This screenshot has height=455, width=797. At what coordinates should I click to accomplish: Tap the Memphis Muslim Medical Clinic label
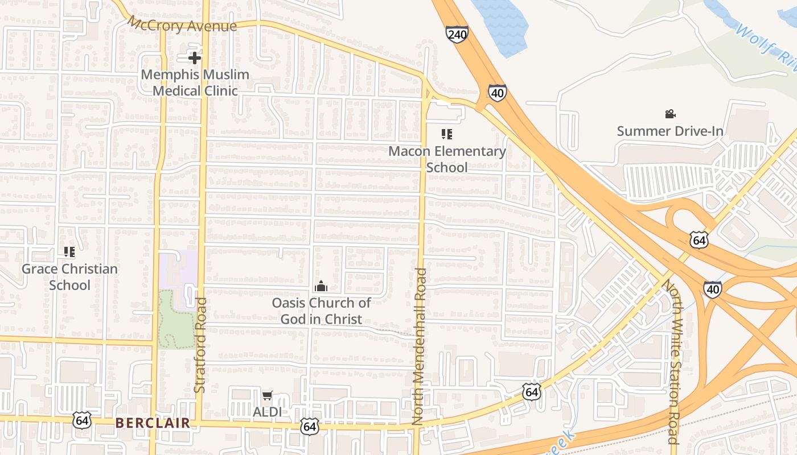[195, 82]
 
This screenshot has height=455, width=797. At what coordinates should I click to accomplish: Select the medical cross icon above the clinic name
[195, 57]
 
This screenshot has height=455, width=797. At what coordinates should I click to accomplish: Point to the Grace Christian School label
[69, 277]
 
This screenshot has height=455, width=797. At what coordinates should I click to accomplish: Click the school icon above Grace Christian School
[69, 251]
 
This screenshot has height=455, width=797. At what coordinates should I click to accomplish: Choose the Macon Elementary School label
[447, 159]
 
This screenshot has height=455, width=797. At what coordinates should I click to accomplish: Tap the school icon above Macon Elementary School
[447, 134]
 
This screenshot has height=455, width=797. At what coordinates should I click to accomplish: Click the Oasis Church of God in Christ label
[321, 311]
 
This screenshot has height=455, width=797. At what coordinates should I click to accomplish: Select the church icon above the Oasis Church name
[321, 286]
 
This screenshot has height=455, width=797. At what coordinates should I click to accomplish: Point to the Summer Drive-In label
[670, 131]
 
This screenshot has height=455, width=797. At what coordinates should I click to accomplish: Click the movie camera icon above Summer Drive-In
[670, 114]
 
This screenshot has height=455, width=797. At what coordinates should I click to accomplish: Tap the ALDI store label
[267, 411]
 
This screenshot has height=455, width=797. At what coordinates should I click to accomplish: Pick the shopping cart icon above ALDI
[267, 395]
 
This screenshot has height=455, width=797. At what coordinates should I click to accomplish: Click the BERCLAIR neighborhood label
[153, 423]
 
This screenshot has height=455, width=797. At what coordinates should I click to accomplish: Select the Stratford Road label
[200, 345]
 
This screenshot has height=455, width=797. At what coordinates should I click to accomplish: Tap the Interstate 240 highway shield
[457, 34]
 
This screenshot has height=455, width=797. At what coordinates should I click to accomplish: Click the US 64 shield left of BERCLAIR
[82, 421]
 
